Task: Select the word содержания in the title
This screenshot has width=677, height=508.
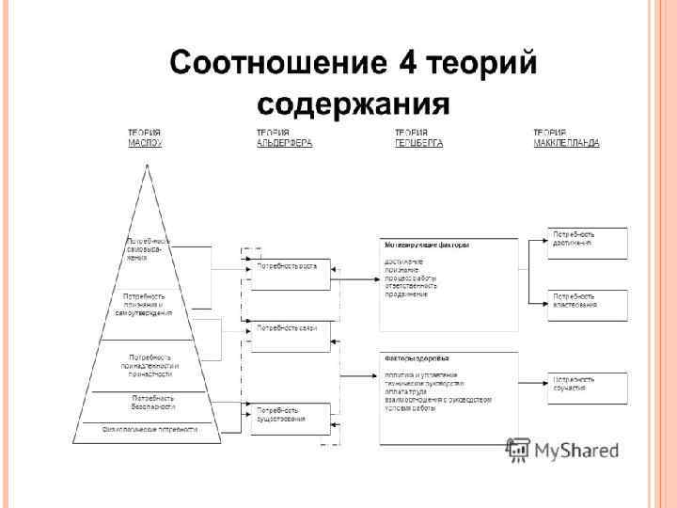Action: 353,101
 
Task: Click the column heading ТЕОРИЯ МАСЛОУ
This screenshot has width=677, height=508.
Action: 145,137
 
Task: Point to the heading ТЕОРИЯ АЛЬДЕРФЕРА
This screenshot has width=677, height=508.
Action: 284,137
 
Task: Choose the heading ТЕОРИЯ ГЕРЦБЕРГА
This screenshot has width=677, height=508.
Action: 418,137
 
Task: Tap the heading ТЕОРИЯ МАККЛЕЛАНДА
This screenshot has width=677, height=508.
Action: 566,137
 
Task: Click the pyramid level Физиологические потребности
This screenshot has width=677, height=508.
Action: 150,429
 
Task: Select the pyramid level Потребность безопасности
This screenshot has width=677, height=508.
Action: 152,403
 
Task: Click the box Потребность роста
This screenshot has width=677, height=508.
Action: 290,266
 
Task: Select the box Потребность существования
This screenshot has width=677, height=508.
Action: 290,415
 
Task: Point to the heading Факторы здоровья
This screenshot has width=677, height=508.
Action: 417,358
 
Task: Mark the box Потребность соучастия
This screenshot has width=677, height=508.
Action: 588,385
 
